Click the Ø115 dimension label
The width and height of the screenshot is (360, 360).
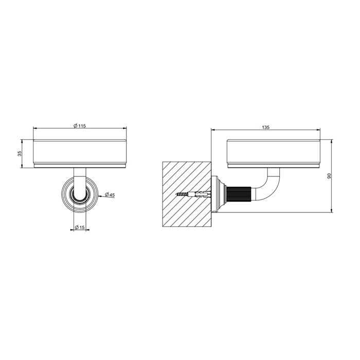(x=79, y=126)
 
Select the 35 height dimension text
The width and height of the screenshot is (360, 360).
(x=20, y=154)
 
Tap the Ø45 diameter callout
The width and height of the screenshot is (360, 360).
(x=110, y=195)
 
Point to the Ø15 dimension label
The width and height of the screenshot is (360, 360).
(x=80, y=227)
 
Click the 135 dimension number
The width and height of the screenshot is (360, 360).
(x=265, y=128)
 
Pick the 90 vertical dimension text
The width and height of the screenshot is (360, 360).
(x=329, y=176)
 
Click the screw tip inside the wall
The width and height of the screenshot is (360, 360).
(x=176, y=194)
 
